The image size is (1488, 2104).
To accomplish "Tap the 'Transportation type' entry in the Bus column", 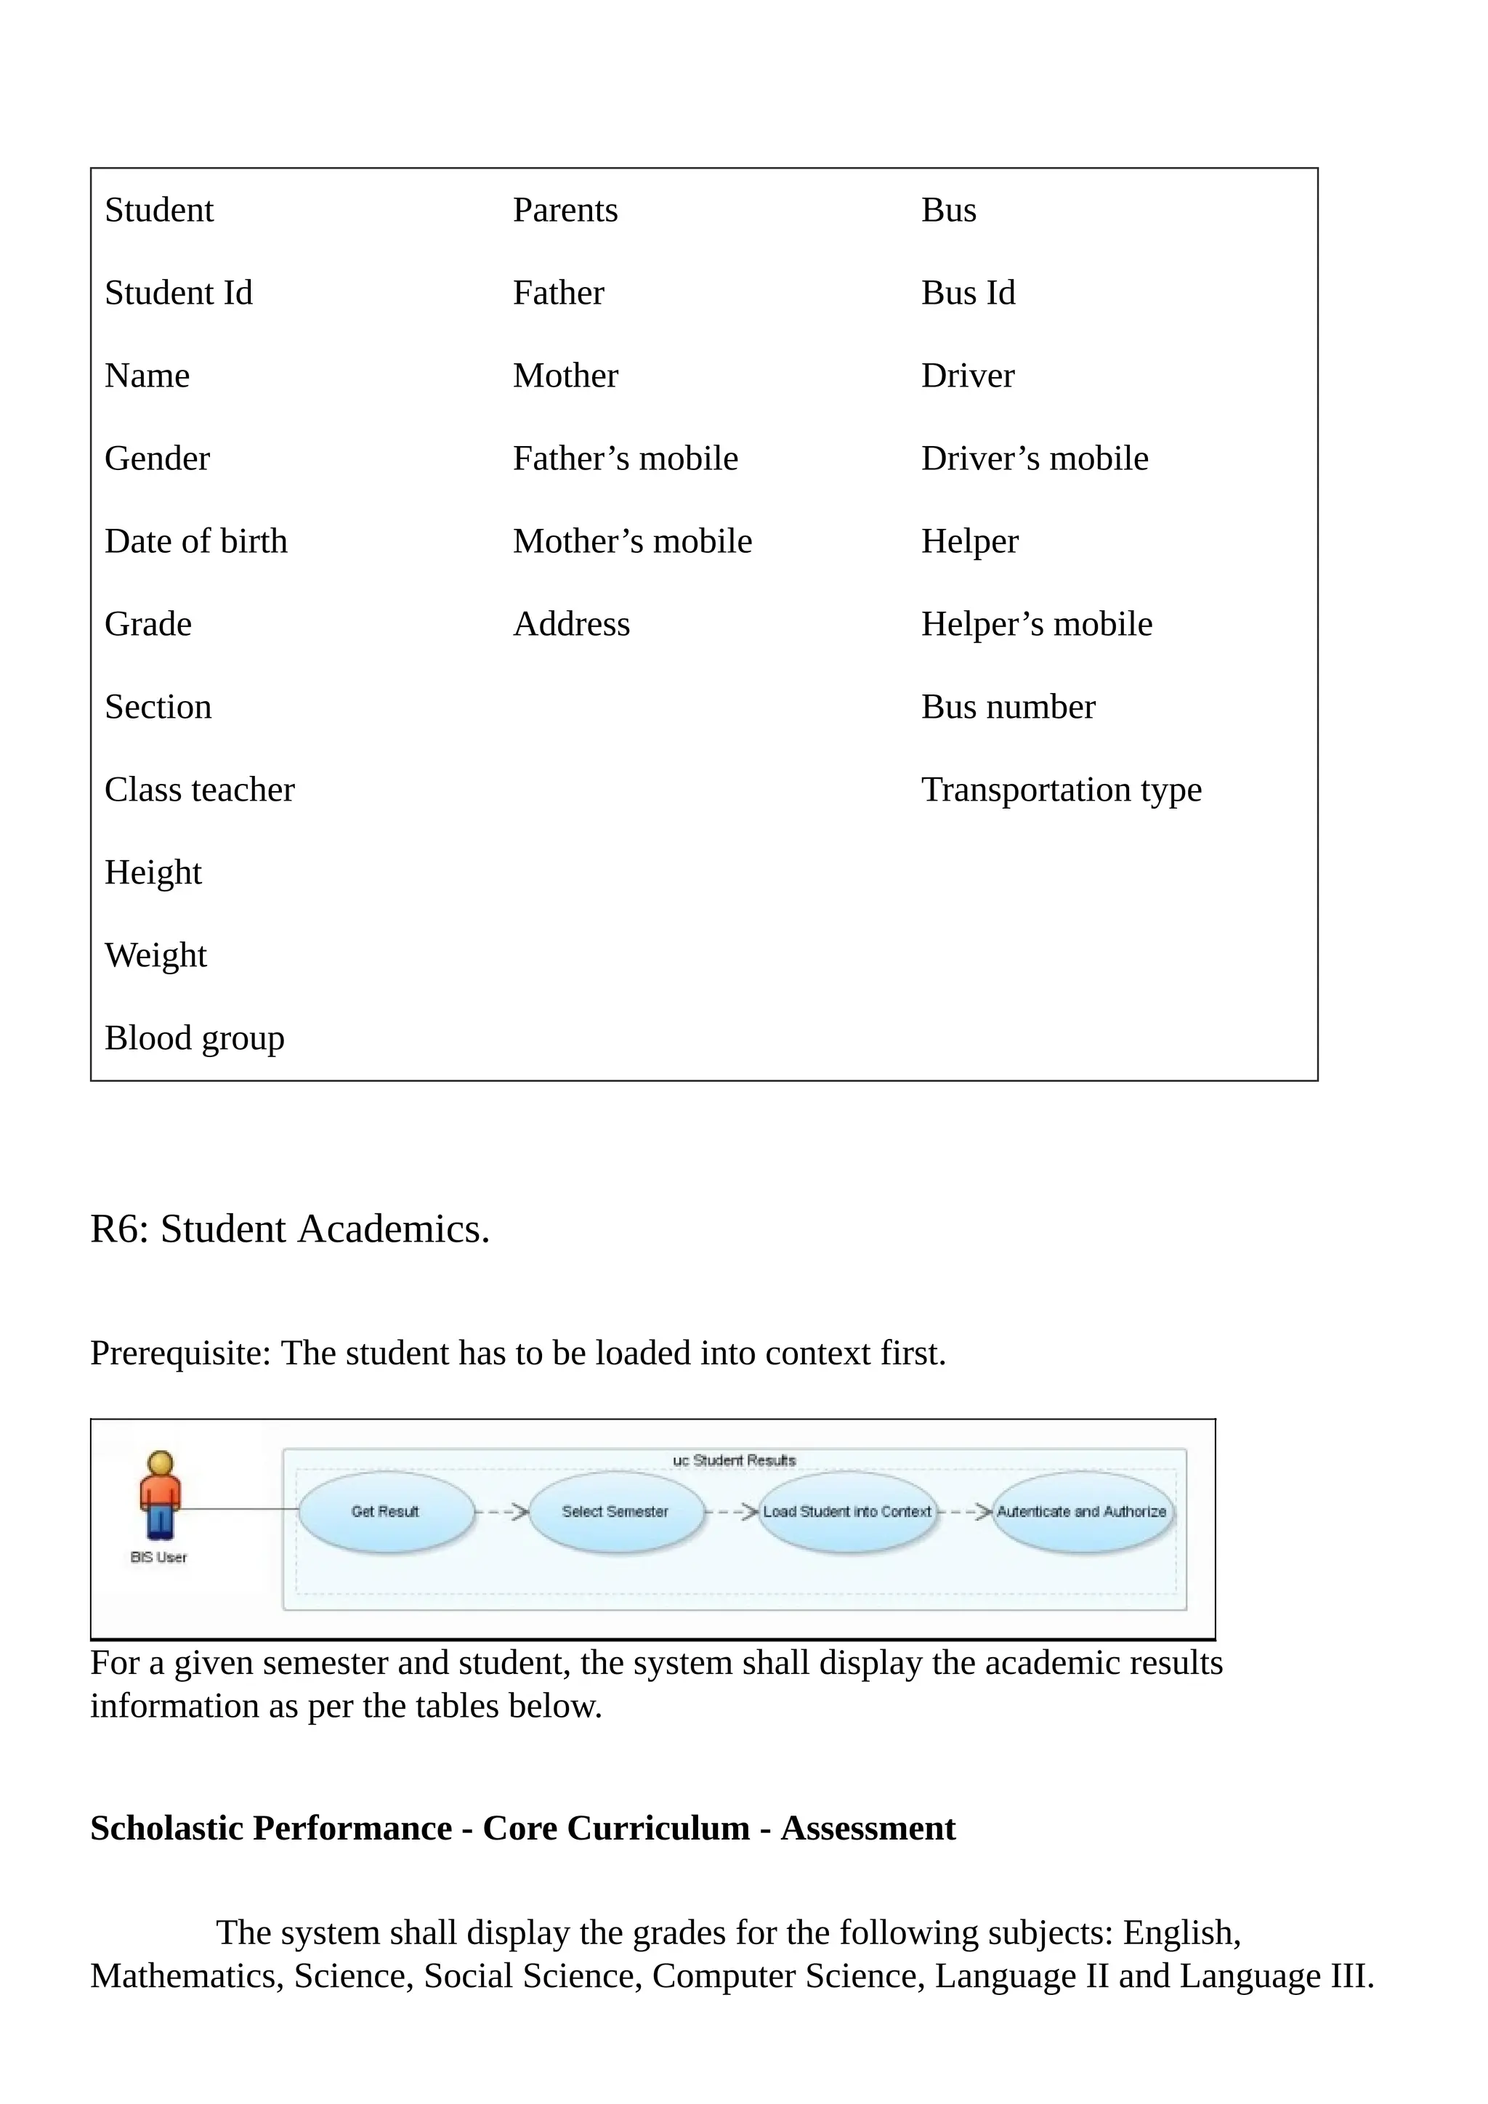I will [1061, 789].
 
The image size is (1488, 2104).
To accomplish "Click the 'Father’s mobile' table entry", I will [625, 458].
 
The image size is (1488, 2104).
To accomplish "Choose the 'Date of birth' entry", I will [196, 541].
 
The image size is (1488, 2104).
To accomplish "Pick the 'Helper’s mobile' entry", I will [1036, 624].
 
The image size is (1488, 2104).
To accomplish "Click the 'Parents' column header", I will [565, 210].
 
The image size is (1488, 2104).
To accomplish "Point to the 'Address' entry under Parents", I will [572, 624].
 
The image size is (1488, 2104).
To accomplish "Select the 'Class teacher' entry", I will [200, 789].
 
